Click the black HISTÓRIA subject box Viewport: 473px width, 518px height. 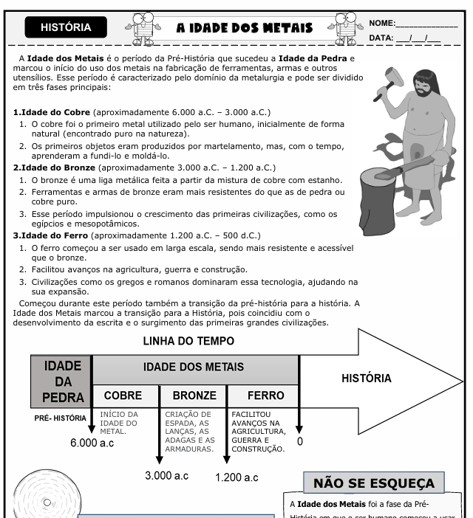[x=66, y=28]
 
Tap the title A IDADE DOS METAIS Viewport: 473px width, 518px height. [x=244, y=29]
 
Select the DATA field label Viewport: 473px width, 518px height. [x=381, y=37]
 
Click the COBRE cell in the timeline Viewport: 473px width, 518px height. [x=123, y=396]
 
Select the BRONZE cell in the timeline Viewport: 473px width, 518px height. [x=189, y=396]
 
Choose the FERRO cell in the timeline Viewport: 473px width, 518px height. [x=260, y=396]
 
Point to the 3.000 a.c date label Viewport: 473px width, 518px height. [x=166, y=476]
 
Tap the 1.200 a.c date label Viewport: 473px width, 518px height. [x=236, y=478]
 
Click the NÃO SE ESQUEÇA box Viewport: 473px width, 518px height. [x=373, y=483]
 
